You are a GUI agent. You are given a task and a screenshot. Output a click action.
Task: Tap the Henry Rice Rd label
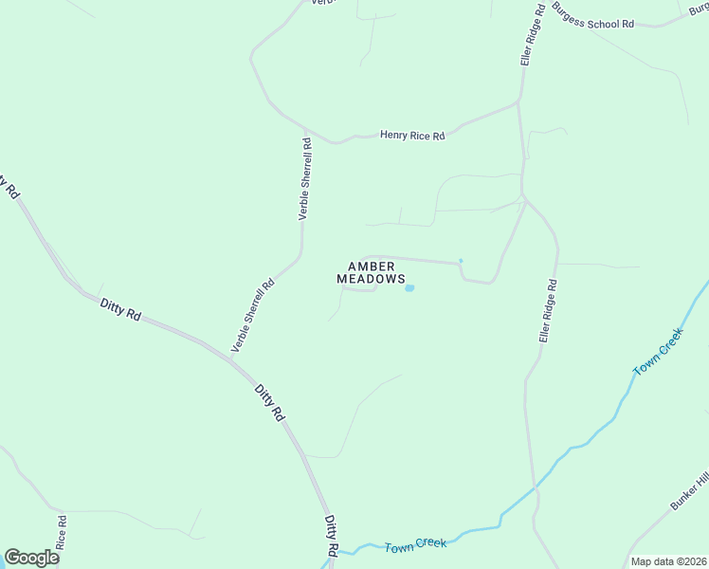click(412, 136)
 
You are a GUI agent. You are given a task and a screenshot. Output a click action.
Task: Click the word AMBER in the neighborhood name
click(371, 266)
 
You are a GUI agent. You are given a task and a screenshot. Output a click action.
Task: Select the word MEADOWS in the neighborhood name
click(371, 279)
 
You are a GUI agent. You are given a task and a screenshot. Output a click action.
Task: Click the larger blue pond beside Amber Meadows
click(409, 288)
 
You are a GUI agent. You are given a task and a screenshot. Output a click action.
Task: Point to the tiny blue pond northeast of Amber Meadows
click(461, 261)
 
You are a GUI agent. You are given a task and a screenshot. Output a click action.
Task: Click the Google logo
click(31, 558)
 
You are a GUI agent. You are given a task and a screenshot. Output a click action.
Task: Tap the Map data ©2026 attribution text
click(668, 561)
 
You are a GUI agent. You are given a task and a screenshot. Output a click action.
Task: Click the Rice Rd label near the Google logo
click(61, 534)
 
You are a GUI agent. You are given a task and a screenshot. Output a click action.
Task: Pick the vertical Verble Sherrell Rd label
click(305, 179)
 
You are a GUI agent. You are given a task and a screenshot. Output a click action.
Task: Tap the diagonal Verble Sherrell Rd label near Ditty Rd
click(253, 316)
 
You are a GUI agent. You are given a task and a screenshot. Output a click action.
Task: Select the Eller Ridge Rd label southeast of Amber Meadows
click(548, 310)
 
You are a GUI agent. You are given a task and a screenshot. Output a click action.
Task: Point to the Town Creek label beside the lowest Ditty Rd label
click(415, 545)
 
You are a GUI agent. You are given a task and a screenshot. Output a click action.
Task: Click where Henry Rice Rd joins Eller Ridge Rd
click(518, 101)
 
